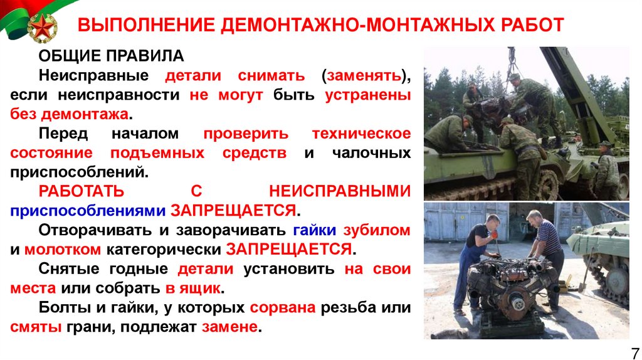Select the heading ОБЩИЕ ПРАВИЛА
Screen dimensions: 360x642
[x=111, y=56]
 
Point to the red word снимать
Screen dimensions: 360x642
[x=271, y=76]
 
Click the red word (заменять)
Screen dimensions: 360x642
[x=366, y=76]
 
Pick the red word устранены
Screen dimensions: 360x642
[x=368, y=95]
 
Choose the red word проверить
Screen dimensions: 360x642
[x=246, y=134]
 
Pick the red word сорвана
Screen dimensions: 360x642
[x=282, y=308]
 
